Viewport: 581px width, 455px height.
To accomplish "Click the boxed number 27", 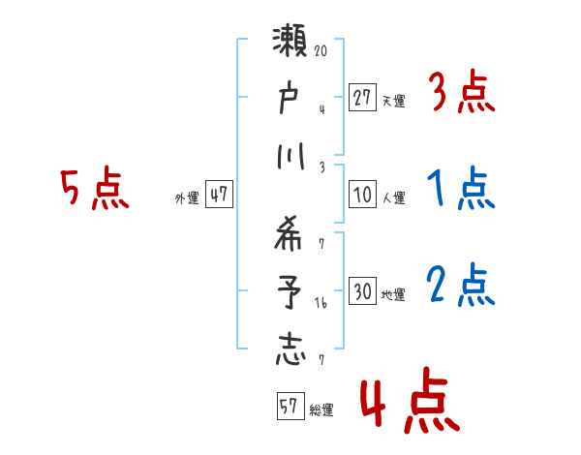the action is (362, 97).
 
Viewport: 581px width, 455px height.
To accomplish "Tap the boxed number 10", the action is (362, 195).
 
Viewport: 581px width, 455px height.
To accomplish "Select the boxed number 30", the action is (362, 291).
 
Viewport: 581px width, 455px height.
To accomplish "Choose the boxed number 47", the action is (219, 195).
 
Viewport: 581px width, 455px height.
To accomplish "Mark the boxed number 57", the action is (289, 407).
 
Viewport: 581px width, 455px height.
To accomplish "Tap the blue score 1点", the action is (461, 190).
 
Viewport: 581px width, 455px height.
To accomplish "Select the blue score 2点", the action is (461, 286).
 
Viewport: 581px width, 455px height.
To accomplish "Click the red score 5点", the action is (95, 189).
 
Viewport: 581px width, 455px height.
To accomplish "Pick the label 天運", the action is (393, 100).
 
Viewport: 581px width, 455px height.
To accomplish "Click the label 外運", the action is (186, 197).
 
